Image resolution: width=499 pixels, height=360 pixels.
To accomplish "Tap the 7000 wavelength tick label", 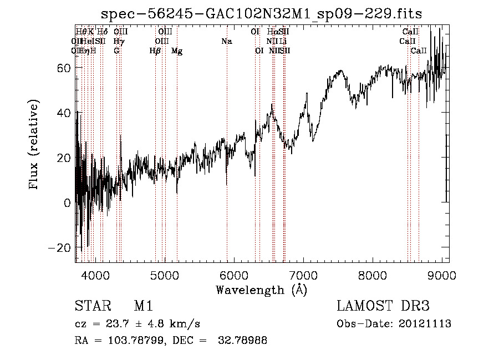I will tap(303, 275).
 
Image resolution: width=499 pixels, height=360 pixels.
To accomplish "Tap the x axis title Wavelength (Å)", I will tap(261, 290).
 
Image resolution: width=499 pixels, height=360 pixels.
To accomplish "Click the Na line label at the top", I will tap(226, 42).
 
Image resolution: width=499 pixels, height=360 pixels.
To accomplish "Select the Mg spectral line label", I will tap(177, 51).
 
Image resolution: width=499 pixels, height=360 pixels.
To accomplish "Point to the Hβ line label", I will tap(155, 51).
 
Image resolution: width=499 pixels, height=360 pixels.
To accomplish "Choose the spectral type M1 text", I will tap(143, 307).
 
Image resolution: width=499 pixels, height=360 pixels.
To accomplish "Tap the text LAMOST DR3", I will tap(383, 307).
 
